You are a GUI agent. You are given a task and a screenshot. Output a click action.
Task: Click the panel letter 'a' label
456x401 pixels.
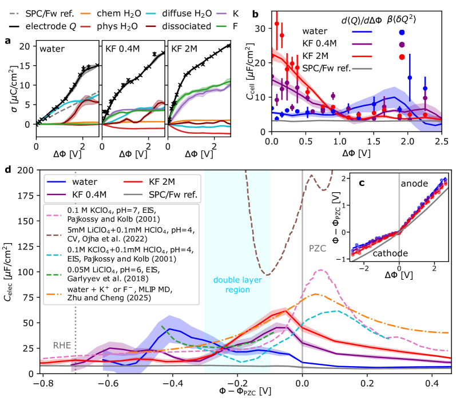(x=7, y=40)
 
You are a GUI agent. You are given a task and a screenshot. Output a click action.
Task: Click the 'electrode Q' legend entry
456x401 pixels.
(x=52, y=26)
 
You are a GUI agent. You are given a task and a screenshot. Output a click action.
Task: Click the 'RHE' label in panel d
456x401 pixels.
(x=62, y=345)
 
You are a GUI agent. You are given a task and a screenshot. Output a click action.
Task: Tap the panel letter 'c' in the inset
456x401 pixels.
(x=362, y=183)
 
